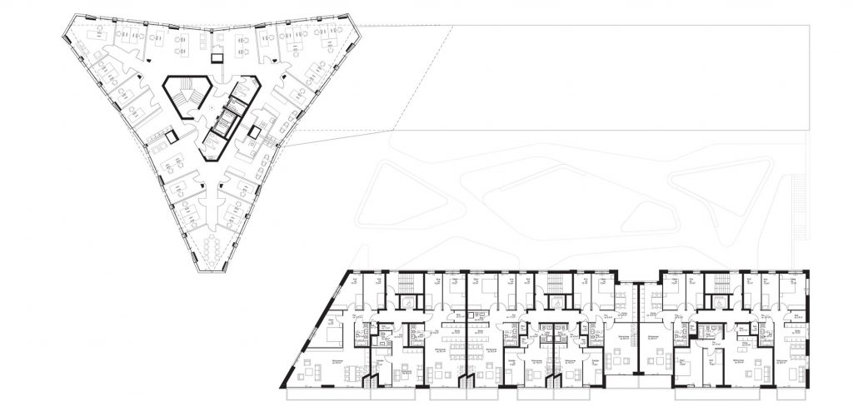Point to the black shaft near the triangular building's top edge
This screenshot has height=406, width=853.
[217, 59]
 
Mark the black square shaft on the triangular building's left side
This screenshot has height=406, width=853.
[172, 136]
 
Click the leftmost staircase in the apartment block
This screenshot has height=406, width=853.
[407, 288]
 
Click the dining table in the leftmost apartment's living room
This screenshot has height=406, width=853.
[351, 370]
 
